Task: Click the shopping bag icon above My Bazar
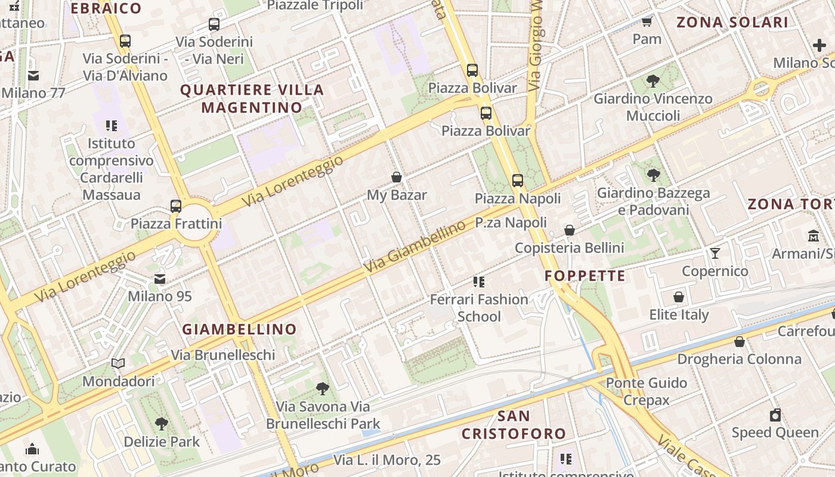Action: pyautogui.click(x=396, y=177)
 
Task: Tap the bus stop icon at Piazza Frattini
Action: pyautogui.click(x=175, y=206)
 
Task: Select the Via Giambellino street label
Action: pyautogui.click(x=415, y=247)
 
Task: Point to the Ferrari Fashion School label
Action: pyautogui.click(x=479, y=307)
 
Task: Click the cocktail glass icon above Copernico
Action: pyautogui.click(x=715, y=253)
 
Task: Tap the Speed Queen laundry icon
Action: pyautogui.click(x=775, y=415)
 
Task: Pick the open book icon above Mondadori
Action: pyautogui.click(x=118, y=363)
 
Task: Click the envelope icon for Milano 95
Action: pyautogui.click(x=160, y=279)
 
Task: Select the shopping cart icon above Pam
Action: pyautogui.click(x=647, y=21)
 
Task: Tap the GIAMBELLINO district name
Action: pyautogui.click(x=239, y=329)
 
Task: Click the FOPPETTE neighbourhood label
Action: pyautogui.click(x=584, y=275)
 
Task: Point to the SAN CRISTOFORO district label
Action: pyautogui.click(x=514, y=425)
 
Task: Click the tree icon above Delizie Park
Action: pyautogui.click(x=161, y=424)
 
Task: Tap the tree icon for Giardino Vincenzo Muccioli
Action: pyautogui.click(x=653, y=80)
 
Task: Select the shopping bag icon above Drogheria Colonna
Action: pyautogui.click(x=739, y=342)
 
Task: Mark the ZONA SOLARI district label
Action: pyautogui.click(x=732, y=23)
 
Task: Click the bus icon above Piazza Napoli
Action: pyautogui.click(x=517, y=180)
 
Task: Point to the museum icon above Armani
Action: pyautogui.click(x=814, y=236)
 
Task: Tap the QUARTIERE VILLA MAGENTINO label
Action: pyautogui.click(x=252, y=99)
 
